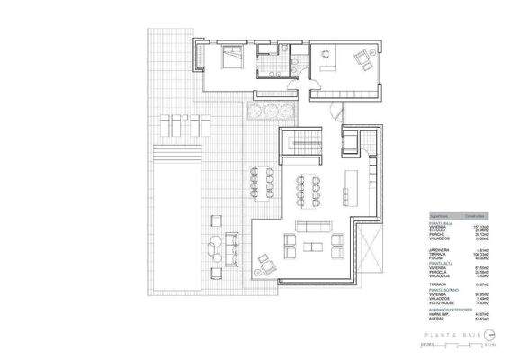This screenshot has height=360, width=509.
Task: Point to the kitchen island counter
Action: pyautogui.click(x=350, y=184)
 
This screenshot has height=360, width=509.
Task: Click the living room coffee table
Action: pyautogui.click(x=312, y=245)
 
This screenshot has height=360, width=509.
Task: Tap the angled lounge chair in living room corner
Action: pyautogui.click(x=267, y=263)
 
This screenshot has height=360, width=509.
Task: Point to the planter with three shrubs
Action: pyautogui.click(x=267, y=110)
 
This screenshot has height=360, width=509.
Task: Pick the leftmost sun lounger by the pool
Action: pyautogui.click(x=166, y=123)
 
